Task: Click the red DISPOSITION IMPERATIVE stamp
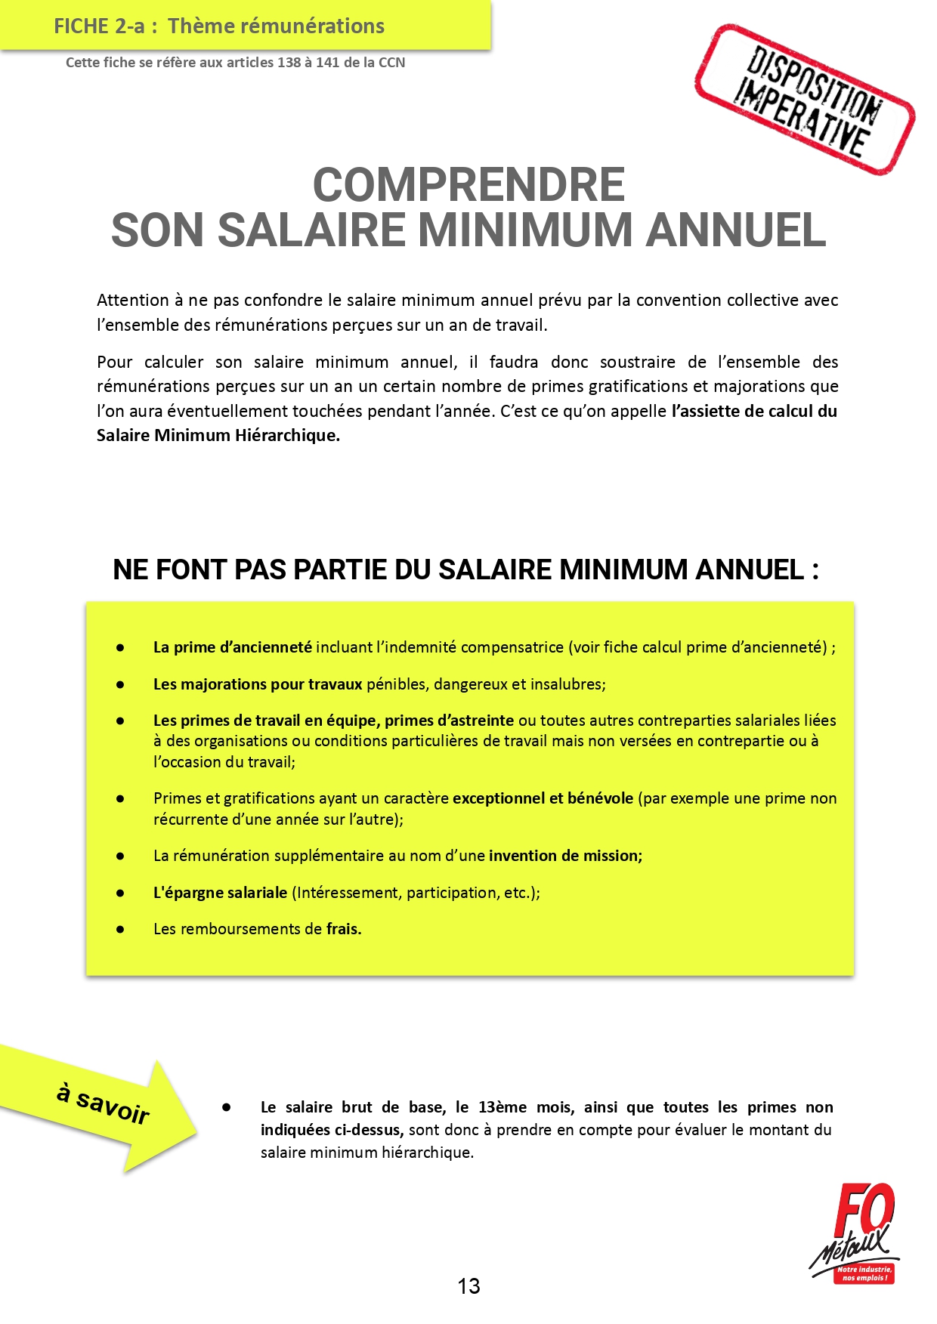point(805,100)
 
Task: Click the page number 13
point(468,1286)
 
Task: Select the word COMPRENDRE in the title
point(468,185)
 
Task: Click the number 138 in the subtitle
point(289,63)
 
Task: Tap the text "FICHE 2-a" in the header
point(99,26)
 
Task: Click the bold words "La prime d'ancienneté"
point(232,647)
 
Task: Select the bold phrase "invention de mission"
point(565,856)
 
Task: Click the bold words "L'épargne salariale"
point(220,893)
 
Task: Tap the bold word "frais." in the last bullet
point(344,929)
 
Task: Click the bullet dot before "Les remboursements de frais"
point(120,930)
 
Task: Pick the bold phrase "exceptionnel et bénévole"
point(543,798)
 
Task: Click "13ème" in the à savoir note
point(503,1107)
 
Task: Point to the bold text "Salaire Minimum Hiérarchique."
point(218,435)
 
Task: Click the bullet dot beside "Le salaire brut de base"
point(226,1107)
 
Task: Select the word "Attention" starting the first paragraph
point(133,301)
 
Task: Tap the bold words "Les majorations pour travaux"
point(258,684)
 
